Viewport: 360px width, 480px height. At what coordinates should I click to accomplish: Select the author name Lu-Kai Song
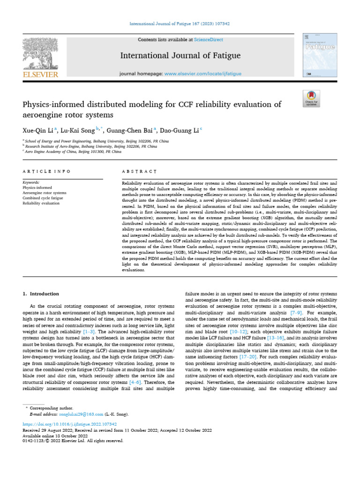pos(77,130)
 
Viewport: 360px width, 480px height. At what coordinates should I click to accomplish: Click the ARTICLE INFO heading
pos(47,172)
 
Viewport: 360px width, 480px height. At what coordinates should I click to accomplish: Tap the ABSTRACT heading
pos(139,172)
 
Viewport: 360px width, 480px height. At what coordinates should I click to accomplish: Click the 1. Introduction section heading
pos(41,294)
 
